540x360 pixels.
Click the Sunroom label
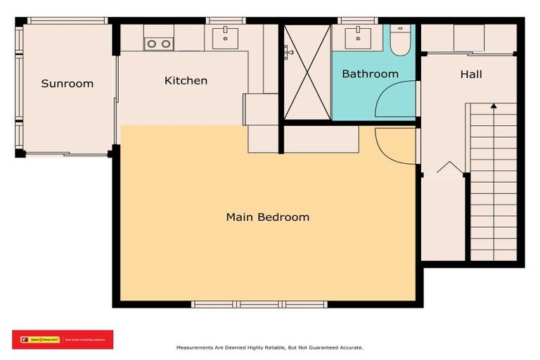coord(67,84)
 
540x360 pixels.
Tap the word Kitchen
coord(186,80)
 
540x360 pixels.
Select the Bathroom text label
coord(370,74)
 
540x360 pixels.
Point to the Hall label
coord(471,74)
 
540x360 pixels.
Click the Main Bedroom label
coord(267,217)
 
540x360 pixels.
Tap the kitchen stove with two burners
coord(158,44)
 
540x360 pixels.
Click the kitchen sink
coord(225,37)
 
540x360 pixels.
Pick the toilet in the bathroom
coord(400,41)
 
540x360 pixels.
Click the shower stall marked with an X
coord(307,72)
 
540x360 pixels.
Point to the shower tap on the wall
coord(288,51)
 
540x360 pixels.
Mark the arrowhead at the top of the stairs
coord(494,107)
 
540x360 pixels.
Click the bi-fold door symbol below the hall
coord(447,168)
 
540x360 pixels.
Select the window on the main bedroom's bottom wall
coord(258,304)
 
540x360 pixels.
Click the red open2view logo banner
coord(63,340)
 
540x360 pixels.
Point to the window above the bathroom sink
coord(359,20)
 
